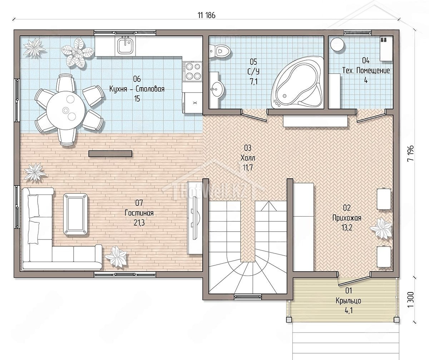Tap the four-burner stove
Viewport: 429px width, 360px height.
[193, 71]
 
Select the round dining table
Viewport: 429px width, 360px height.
[65, 110]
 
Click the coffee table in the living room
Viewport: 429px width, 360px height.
[76, 214]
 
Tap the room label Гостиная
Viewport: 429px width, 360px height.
[139, 213]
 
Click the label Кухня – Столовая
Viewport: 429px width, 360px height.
[137, 89]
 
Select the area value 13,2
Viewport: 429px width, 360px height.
[347, 228]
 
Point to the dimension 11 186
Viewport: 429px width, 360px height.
[207, 15]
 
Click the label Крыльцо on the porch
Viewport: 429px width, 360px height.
[349, 301]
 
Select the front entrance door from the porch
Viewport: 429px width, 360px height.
[354, 279]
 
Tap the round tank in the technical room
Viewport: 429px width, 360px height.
[337, 44]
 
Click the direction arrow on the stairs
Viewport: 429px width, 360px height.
[268, 206]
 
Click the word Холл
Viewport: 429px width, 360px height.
[248, 158]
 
